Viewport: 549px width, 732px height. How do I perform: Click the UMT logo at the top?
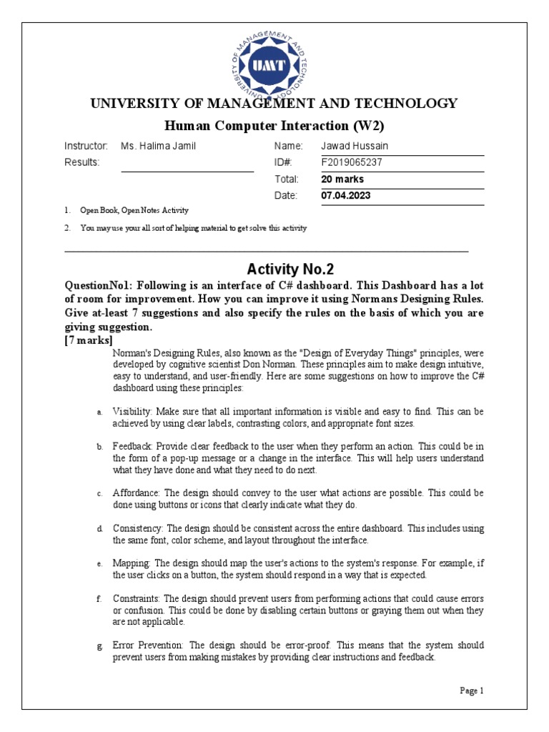pyautogui.click(x=273, y=65)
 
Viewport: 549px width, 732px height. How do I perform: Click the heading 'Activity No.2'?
pyautogui.click(x=290, y=269)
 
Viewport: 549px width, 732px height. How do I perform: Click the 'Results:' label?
pyautogui.click(x=82, y=162)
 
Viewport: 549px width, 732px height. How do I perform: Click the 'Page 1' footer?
pyautogui.click(x=472, y=691)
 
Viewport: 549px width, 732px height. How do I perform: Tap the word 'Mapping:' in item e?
pyautogui.click(x=132, y=563)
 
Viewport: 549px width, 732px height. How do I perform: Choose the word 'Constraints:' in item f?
pyautogui.click(x=138, y=598)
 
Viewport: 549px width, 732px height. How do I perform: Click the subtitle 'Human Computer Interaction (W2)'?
pyautogui.click(x=274, y=126)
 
